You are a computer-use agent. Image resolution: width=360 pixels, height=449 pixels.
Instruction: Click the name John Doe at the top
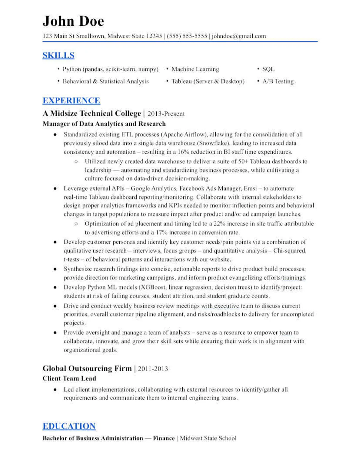[x=73, y=21]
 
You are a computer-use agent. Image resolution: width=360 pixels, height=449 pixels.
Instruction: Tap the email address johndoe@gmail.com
[x=239, y=36]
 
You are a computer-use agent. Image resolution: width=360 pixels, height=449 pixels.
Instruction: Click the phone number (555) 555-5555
[x=187, y=36]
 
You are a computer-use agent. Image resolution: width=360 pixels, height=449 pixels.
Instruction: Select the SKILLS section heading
[x=58, y=55]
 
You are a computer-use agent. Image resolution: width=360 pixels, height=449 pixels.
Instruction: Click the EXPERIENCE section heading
[x=71, y=100]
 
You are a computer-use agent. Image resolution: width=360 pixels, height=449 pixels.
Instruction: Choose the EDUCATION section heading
[x=69, y=426]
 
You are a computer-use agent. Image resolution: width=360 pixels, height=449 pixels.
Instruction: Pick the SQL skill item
[x=268, y=69]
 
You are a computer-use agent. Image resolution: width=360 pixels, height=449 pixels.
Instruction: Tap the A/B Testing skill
[x=278, y=81]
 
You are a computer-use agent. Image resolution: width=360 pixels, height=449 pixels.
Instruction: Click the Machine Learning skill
[x=195, y=69]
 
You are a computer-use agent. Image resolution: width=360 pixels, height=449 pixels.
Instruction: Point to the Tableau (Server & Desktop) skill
[x=208, y=81]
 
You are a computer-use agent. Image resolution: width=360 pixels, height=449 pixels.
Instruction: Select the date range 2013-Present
[x=166, y=114]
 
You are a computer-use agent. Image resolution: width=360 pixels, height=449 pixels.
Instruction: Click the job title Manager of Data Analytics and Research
[x=104, y=124]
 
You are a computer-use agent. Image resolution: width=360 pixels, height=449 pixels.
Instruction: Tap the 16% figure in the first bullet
[x=183, y=152]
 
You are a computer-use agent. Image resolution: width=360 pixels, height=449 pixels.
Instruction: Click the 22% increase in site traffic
[x=219, y=224]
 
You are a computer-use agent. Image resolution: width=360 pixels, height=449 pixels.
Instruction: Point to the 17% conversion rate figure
[x=161, y=232]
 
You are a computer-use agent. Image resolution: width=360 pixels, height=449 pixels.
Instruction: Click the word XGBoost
[x=153, y=287]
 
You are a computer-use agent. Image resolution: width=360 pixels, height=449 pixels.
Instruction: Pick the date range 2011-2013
[x=153, y=369]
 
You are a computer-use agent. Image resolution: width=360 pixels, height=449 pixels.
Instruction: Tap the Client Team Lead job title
[x=69, y=378]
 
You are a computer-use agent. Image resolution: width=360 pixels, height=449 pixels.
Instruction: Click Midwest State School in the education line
[x=208, y=438]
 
